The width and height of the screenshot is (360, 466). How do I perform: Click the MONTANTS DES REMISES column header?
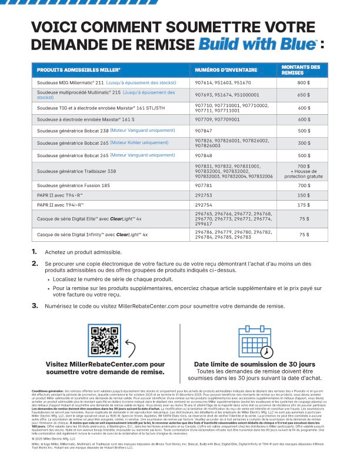[301, 70]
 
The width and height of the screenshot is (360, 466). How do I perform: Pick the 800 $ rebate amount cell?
[304, 84]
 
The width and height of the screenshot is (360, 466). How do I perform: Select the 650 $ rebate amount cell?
[304, 95]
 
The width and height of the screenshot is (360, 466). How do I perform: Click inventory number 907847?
[204, 130]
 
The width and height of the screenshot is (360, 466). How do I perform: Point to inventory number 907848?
[204, 155]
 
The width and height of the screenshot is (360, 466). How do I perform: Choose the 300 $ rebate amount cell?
[304, 143]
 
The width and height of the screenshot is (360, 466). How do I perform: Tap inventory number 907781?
[204, 185]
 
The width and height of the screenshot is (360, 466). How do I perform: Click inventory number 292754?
[204, 204]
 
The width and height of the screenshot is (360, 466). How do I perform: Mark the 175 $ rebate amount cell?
[304, 204]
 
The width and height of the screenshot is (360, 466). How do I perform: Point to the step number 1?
[34, 252]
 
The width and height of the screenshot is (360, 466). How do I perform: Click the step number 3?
[35, 306]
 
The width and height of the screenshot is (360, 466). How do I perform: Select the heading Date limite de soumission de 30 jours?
[255, 364]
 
